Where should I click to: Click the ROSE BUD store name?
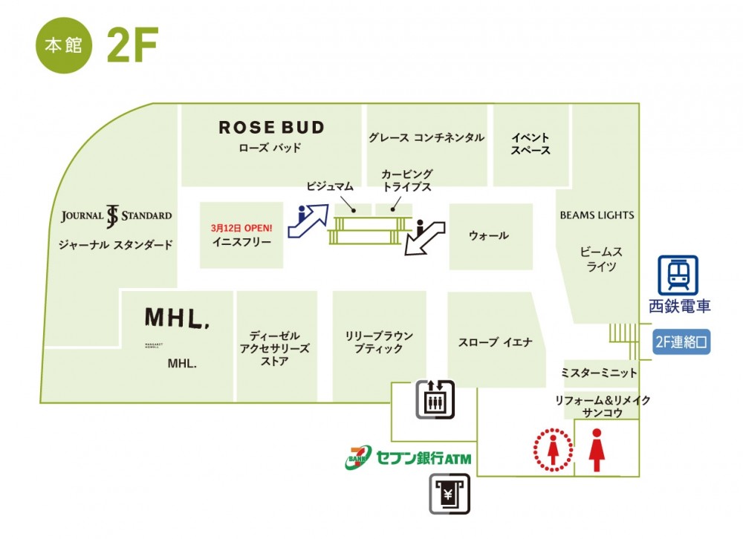(x=271, y=128)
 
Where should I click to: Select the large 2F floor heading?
(x=132, y=47)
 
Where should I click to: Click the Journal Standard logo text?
(x=116, y=216)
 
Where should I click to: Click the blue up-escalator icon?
(x=311, y=218)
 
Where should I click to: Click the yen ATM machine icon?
(x=449, y=494)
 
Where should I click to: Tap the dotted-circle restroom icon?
(x=553, y=448)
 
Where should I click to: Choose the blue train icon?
(x=678, y=275)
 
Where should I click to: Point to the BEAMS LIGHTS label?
(x=597, y=215)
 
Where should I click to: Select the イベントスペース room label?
(x=531, y=144)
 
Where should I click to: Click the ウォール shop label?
(x=489, y=235)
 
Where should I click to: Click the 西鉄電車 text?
(x=679, y=306)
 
